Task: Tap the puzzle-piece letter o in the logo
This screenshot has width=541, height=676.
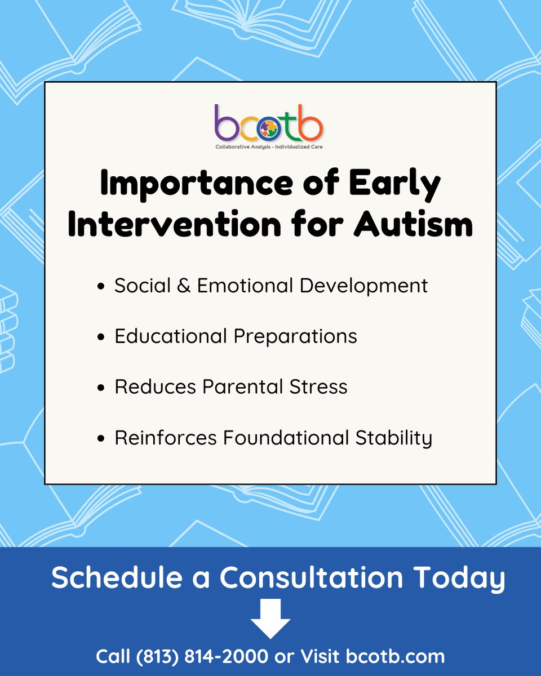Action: [x=269, y=129]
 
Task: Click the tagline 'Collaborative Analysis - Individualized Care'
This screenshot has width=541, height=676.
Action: [x=269, y=146]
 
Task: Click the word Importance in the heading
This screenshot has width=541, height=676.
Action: [x=197, y=185]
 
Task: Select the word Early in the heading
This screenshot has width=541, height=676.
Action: [x=394, y=185]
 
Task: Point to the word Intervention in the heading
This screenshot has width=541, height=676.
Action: [x=175, y=224]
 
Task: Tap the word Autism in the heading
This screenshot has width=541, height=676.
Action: [x=413, y=224]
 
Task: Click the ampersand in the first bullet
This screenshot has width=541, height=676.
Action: [x=184, y=286]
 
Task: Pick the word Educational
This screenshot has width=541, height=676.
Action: [x=170, y=336]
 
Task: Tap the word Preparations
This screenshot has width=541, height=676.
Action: [x=295, y=337]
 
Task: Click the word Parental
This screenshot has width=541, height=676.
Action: [x=242, y=386]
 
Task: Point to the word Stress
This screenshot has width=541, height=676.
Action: [x=318, y=387]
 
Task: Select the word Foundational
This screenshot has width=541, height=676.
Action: [x=286, y=437]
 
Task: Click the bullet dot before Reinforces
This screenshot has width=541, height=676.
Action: [x=101, y=438]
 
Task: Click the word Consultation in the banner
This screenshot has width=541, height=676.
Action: [x=311, y=577]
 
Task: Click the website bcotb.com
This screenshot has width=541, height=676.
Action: [x=396, y=656]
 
